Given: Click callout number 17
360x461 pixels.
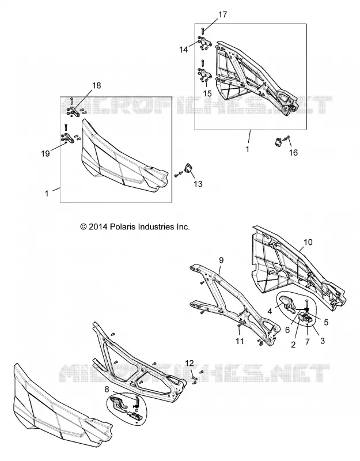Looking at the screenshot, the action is coord(223,14).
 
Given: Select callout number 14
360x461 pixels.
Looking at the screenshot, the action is coord(184,50).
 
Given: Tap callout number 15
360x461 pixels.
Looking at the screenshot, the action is coord(207,93).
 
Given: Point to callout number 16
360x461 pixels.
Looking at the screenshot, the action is coord(293,152).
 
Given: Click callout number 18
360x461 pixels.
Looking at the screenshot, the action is coord(96,85).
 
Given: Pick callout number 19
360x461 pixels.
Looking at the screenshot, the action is coord(46,153).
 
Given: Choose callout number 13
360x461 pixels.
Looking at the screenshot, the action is coord(198,184).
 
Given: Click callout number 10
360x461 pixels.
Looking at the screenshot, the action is coord(308,242).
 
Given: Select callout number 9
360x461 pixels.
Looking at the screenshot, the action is coord(221,260).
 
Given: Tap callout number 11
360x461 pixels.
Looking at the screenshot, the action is coord(240,341).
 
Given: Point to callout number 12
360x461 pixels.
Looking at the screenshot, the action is coord(190,363).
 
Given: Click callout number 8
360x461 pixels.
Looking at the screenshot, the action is coord(107,390).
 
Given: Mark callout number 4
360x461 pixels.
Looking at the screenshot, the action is coord(270,311).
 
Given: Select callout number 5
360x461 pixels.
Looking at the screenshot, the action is coord(326,322).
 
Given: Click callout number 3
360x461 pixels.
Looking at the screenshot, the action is coord(323,341).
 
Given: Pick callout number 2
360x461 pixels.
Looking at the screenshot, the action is coord(293,344).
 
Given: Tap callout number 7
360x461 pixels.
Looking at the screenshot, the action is coord(308,341).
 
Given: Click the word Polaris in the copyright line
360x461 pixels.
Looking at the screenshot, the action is coord(121,226).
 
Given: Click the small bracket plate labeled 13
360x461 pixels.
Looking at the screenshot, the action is coord(188,169).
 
